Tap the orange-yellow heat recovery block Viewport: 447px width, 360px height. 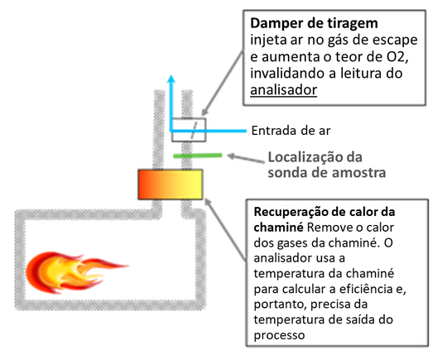tap(171, 184)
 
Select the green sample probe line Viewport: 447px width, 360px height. tap(198, 156)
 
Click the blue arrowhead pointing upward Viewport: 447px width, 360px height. tap(171, 79)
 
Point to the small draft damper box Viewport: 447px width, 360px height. tap(189, 130)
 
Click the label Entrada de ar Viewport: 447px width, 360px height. tap(291, 131)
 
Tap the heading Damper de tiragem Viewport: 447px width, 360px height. tap(314, 23)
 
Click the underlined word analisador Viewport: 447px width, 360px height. tap(284, 90)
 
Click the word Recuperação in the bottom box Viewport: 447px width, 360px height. tap(289, 212)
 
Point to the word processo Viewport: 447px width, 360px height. tap(279, 335)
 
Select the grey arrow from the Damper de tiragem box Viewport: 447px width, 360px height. tap(223, 83)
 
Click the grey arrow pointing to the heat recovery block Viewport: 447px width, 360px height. tap(225, 230)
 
